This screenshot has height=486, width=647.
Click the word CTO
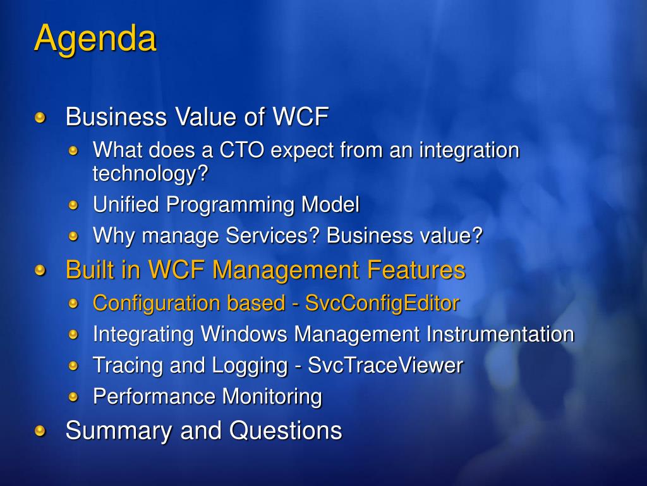click(241, 149)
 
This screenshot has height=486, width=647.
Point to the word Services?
click(273, 235)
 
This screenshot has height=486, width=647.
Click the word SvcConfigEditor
click(382, 304)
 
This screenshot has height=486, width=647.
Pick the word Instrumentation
click(500, 334)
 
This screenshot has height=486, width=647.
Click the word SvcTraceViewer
click(385, 365)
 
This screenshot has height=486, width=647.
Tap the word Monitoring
click(272, 397)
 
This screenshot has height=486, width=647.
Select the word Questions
click(286, 430)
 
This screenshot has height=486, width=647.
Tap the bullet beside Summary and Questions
click(40, 432)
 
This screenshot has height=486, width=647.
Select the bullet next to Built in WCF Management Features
click(40, 271)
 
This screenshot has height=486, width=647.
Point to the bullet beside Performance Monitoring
click(73, 397)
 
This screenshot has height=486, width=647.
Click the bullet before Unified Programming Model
click(73, 205)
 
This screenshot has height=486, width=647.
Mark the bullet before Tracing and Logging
click(73, 366)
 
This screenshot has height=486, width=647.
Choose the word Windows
click(244, 334)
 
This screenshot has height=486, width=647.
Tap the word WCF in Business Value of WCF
click(301, 116)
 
